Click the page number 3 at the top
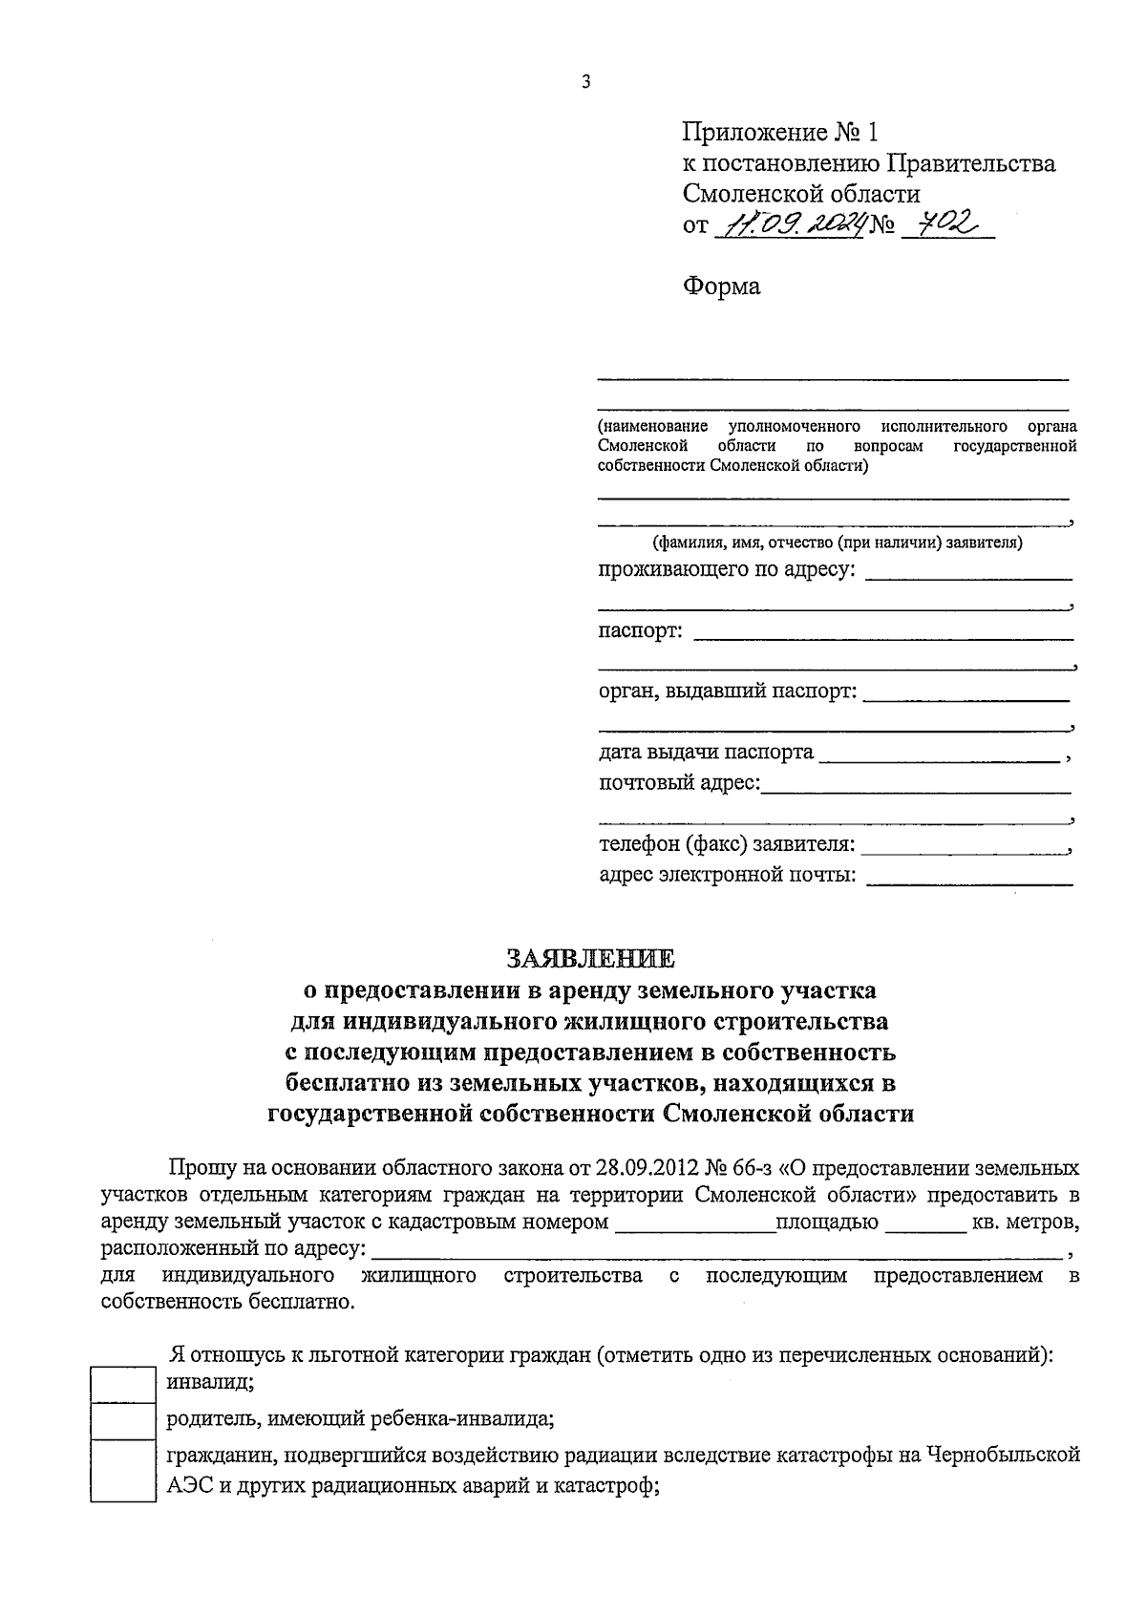tap(585, 82)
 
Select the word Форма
tap(721, 287)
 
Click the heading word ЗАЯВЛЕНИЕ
tap(590, 957)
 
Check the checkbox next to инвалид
tap(122, 1384)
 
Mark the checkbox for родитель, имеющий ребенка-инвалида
tap(122, 1420)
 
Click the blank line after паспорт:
tap(882, 634)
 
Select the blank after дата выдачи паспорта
tap(940, 756)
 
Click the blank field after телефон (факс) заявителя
tap(965, 847)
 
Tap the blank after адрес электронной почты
tap(968, 878)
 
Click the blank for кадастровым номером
tap(694, 1225)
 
